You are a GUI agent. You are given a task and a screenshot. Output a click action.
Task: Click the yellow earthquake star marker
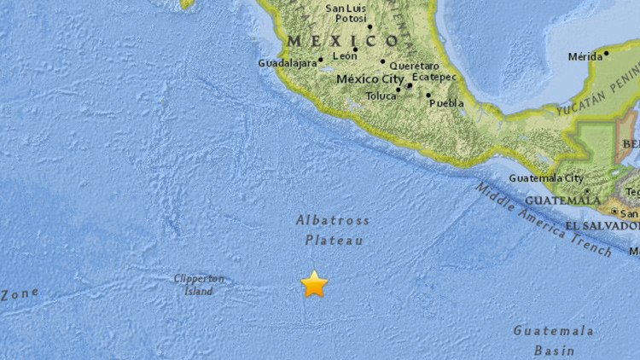pos(314,283)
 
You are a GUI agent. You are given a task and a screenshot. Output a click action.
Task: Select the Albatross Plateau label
pos(334,230)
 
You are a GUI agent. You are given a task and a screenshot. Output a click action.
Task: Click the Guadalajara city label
pos(287,62)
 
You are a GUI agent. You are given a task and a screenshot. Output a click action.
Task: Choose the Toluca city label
pos(381,96)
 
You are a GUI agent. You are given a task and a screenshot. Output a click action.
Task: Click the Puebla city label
pos(448,102)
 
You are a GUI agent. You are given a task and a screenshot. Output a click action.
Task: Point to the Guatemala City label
pos(546,178)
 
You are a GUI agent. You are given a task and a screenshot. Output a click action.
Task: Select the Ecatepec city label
pos(436,77)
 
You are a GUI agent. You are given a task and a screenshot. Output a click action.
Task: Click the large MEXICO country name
pos(343,40)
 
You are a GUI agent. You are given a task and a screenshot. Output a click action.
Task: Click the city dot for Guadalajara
pos(321,60)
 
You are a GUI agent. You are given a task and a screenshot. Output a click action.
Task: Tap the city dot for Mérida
pos(607,53)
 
